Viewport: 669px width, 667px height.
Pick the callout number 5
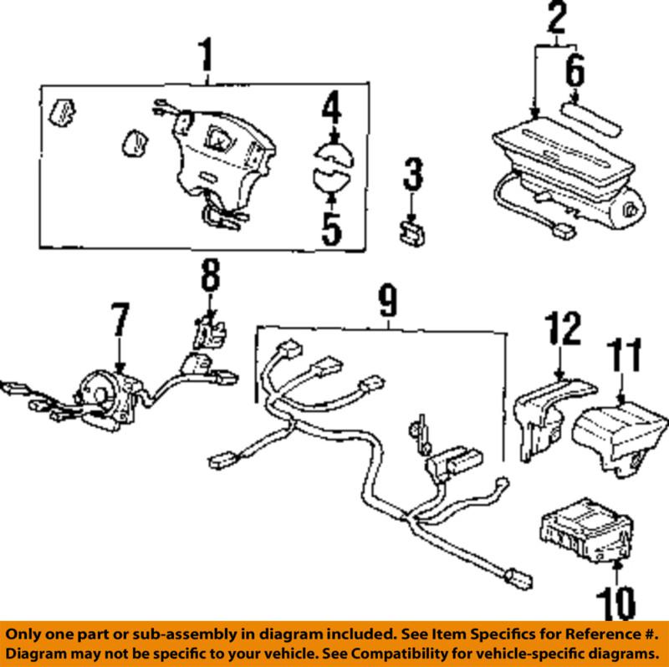coord(332,227)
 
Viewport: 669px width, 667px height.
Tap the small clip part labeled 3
coord(411,233)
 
